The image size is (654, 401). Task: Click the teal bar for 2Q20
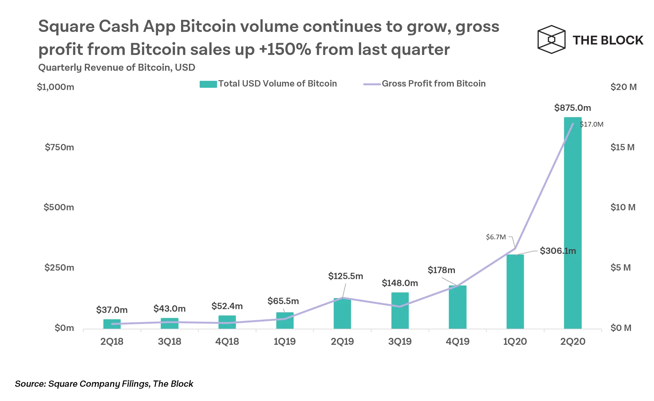click(572, 227)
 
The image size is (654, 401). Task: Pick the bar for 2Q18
click(112, 324)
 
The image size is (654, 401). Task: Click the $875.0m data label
click(572, 108)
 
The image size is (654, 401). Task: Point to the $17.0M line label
click(592, 124)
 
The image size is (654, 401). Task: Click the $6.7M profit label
click(496, 237)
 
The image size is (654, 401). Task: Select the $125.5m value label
click(345, 276)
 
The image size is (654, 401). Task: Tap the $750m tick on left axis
click(59, 147)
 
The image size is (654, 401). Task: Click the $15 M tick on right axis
click(622, 147)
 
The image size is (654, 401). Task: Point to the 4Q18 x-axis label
click(227, 342)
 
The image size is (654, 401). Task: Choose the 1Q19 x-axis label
click(285, 342)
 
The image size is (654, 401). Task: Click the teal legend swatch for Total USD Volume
click(208, 84)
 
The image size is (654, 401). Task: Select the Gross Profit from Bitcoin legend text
click(433, 84)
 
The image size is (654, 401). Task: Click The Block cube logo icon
click(551, 40)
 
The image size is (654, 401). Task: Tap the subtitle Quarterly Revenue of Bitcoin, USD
click(116, 68)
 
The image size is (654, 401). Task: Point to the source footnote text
click(104, 384)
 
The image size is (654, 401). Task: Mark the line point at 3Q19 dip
click(400, 307)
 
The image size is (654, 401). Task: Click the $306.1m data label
click(557, 251)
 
